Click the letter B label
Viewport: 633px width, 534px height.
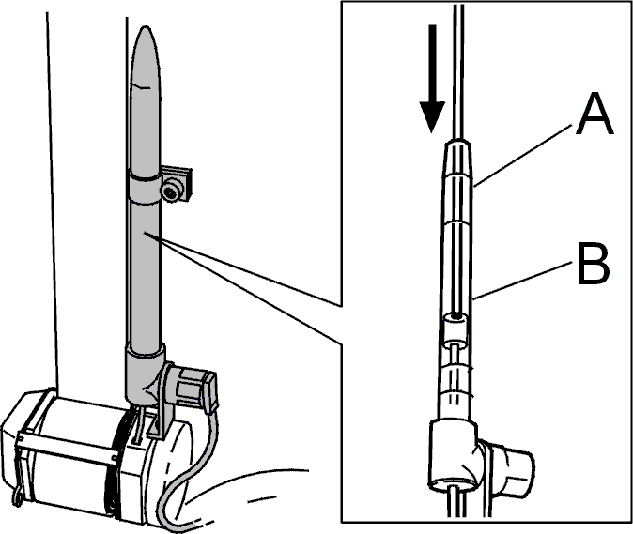pos(593,264)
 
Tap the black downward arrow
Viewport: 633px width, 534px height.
pos(432,79)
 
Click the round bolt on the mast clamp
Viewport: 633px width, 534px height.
pos(172,190)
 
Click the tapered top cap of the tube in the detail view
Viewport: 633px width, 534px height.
pos(458,159)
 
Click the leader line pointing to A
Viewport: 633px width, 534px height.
pos(524,155)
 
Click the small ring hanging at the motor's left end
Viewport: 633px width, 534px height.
pos(17,496)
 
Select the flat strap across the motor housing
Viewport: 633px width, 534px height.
pos(67,447)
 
